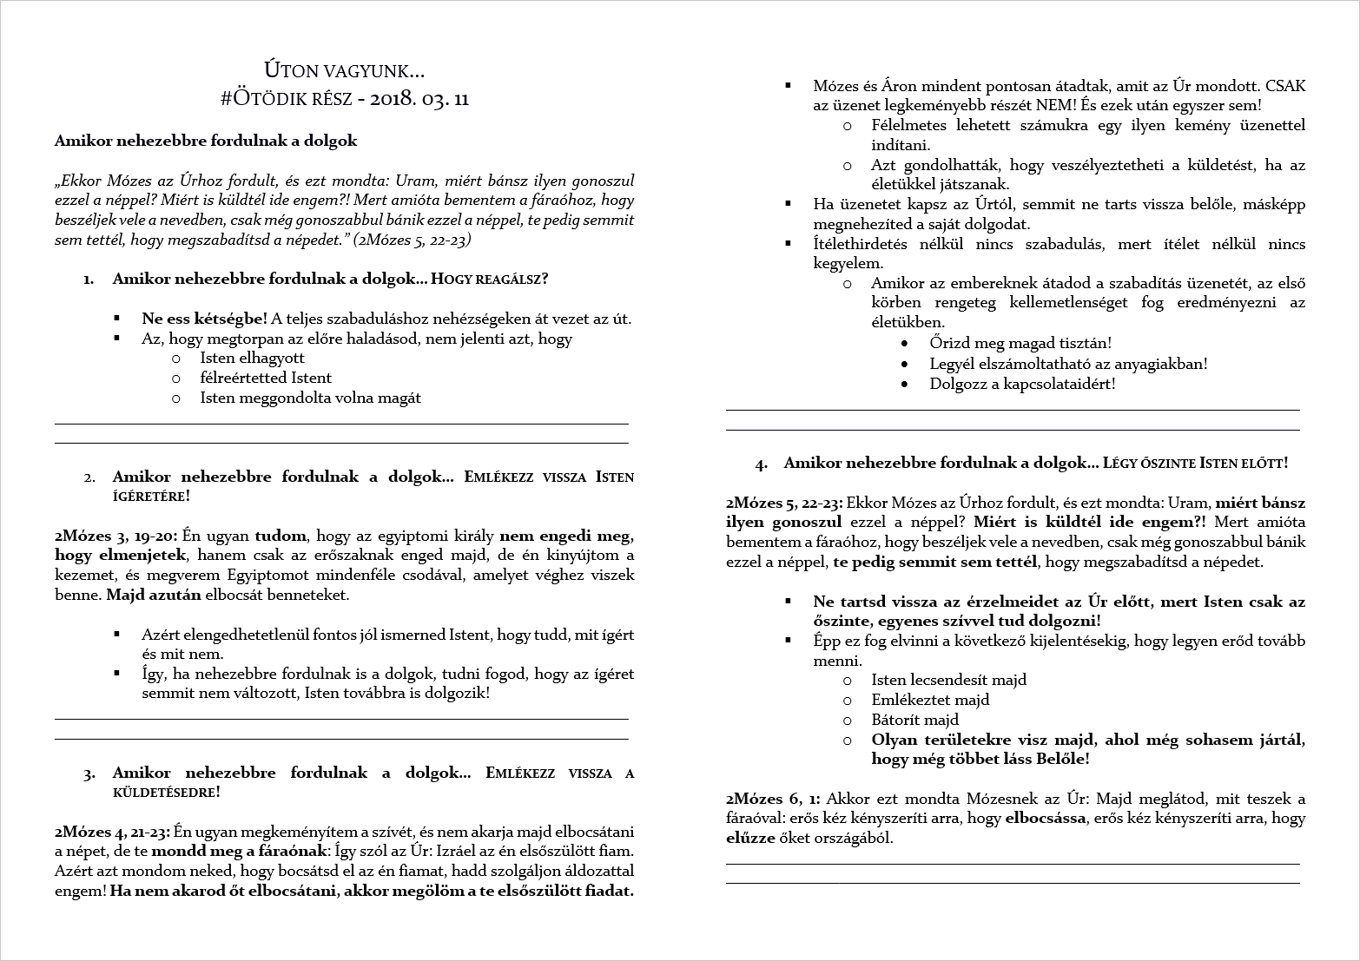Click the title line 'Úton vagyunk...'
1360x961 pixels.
click(x=344, y=69)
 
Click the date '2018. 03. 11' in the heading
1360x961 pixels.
click(x=419, y=98)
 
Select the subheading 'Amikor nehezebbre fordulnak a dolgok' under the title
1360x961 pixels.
click(x=206, y=141)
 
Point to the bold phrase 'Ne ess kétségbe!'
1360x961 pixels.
click(x=204, y=319)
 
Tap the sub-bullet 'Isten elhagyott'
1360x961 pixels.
click(x=252, y=358)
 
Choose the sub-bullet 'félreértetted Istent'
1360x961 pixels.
click(x=266, y=378)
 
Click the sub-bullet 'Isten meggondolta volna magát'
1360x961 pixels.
click(x=310, y=398)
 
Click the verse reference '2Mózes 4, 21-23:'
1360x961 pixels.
click(x=112, y=832)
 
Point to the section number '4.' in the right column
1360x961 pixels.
click(x=762, y=464)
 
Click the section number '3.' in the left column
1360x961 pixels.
click(x=89, y=774)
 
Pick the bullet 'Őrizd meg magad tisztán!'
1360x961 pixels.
click(x=1020, y=344)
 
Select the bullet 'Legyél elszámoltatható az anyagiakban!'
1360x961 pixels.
click(x=1068, y=364)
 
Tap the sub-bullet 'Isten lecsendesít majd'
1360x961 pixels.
click(x=948, y=680)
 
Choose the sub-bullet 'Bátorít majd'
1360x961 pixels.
click(x=914, y=720)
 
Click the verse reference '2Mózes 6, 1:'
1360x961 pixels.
click(x=773, y=799)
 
